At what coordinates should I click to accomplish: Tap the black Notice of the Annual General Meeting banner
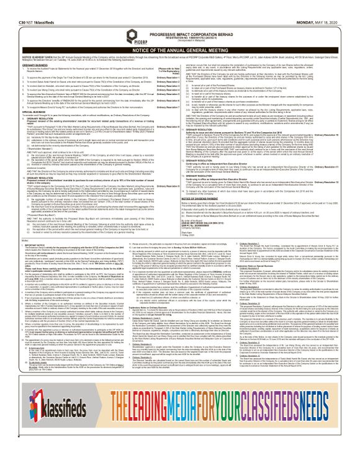[x=180, y=40]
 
